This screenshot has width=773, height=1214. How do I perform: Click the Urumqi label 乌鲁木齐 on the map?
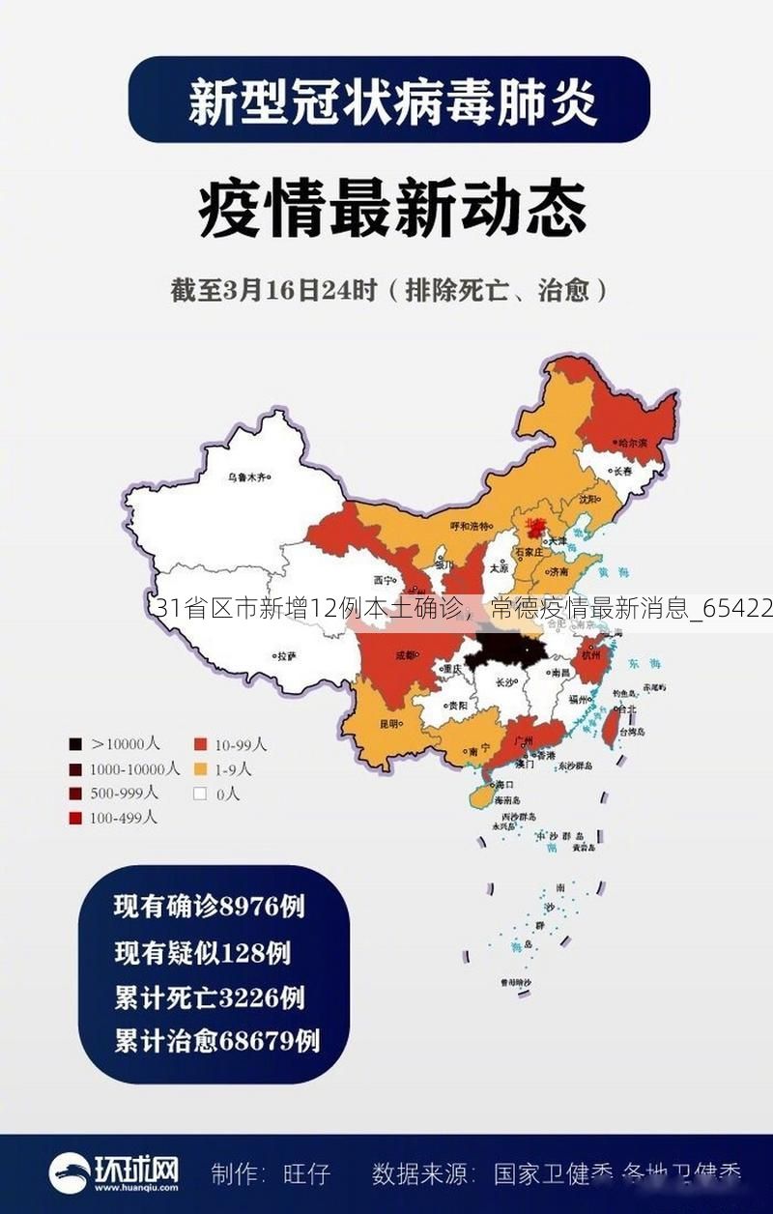[248, 477]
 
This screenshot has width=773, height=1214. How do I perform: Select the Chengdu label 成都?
[405, 654]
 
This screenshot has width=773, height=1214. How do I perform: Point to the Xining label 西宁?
[386, 581]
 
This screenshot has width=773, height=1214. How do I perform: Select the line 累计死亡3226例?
[209, 997]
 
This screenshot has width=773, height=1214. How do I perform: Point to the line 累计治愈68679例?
[216, 1041]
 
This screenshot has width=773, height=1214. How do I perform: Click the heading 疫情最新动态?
[391, 210]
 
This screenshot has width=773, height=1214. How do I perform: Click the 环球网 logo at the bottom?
[114, 1173]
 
